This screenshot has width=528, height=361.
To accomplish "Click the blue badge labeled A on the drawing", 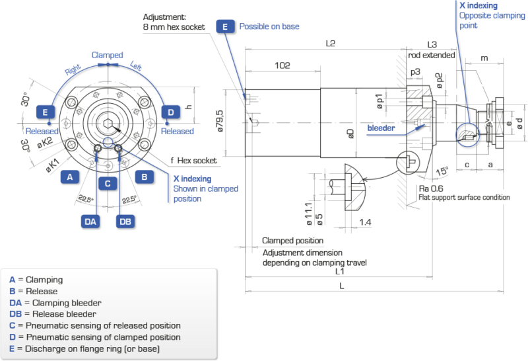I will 69,177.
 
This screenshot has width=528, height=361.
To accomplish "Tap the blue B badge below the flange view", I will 144,177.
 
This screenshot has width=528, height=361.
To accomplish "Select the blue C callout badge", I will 107,183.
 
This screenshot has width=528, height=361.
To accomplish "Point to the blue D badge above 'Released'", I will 171,112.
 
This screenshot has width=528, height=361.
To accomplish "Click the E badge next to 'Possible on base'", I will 225,26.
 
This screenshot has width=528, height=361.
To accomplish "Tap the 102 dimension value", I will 282,65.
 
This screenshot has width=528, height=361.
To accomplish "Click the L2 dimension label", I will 330,44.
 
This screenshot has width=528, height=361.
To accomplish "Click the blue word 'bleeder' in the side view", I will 381,127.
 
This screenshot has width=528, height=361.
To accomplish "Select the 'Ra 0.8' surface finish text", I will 427,188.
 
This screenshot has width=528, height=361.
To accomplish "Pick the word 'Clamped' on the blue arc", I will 108,55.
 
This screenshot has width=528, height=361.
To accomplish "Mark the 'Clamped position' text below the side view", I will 292,241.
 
